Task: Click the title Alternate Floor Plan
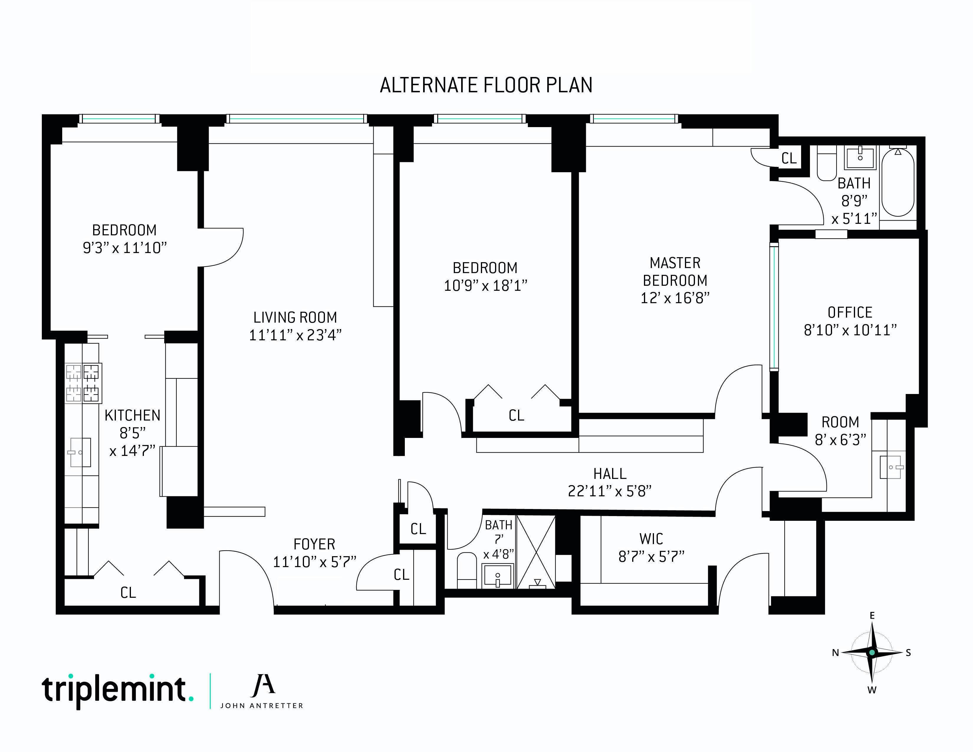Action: tap(486, 86)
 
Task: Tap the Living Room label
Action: tap(295, 317)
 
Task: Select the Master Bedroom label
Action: tap(675, 272)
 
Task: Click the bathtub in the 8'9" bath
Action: tap(898, 183)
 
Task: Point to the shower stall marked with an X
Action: tap(536, 552)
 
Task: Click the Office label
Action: tap(849, 312)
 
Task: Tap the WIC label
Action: tap(651, 539)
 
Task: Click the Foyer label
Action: tap(314, 544)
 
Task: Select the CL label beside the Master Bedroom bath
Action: tap(789, 158)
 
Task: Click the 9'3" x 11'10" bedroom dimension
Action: tap(125, 248)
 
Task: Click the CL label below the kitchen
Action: tap(128, 592)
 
